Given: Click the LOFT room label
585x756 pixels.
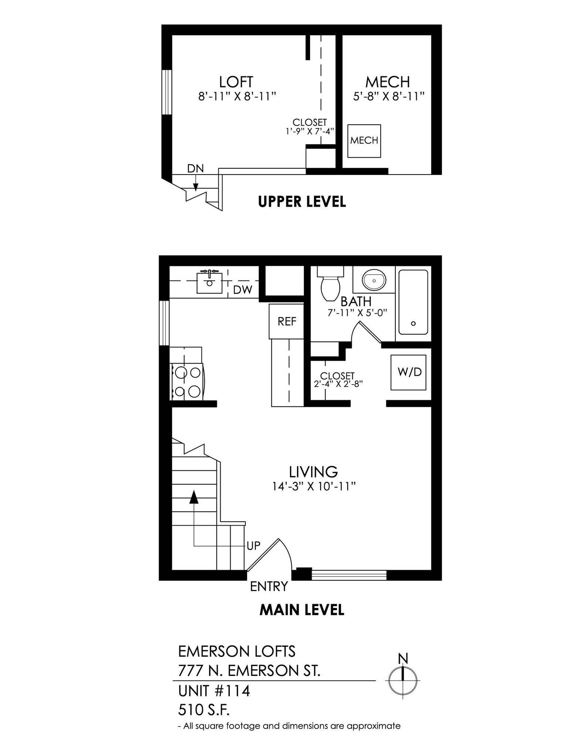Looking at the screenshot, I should (236, 82).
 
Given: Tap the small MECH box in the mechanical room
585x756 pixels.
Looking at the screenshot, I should (364, 141).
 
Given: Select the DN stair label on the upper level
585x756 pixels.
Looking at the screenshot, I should (195, 168).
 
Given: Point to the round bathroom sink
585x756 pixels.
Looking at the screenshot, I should (374, 280).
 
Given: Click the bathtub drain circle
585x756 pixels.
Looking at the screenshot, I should (413, 323).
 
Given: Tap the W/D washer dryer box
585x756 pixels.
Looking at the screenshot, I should (409, 372).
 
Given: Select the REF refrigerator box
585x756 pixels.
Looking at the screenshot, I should (287, 321).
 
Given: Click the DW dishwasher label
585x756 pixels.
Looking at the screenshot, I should (242, 290).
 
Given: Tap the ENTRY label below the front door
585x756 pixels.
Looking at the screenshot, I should (269, 586).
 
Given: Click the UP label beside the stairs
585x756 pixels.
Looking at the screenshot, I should (254, 546).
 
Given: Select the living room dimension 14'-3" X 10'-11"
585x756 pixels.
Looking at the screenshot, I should (313, 487).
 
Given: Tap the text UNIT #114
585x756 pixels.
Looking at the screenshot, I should (214, 691).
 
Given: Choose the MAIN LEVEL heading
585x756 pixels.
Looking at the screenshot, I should (302, 610).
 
